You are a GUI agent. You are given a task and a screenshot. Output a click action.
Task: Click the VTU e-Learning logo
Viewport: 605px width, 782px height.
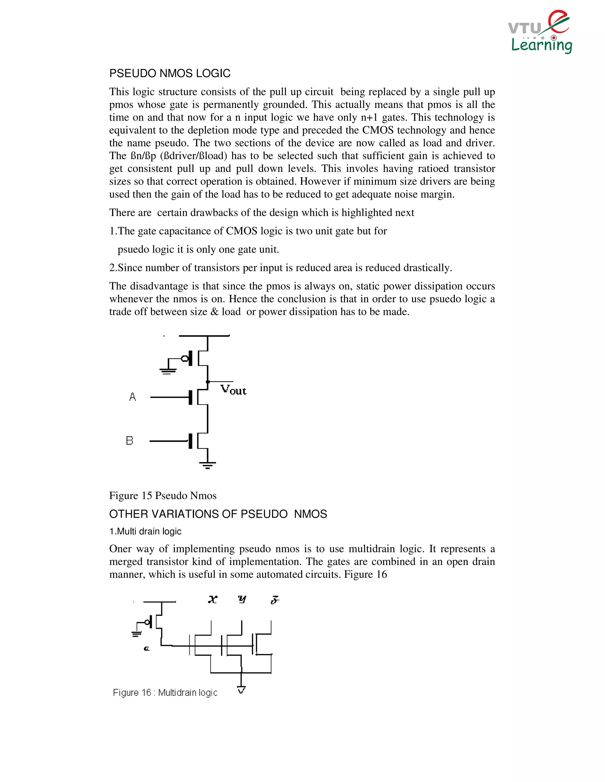[540, 32]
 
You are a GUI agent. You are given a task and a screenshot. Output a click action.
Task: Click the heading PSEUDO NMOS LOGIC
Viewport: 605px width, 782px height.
[170, 73]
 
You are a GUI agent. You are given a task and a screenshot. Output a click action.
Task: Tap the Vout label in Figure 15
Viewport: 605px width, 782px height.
[233, 390]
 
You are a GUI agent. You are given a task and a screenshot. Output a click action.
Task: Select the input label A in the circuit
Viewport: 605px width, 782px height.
[132, 397]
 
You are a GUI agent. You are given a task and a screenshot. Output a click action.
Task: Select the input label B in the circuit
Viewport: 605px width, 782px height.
[129, 441]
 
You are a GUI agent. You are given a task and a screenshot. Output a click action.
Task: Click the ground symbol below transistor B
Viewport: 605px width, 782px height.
[207, 465]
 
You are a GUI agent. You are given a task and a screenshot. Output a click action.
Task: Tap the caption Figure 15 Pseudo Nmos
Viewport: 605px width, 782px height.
[163, 495]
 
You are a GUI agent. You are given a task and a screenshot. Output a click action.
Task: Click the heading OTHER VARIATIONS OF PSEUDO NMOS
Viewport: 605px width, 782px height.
[218, 514]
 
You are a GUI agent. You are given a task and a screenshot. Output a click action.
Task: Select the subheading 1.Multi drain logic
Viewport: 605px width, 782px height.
[145, 531]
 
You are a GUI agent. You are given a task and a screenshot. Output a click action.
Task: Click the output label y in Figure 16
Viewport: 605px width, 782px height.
[242, 599]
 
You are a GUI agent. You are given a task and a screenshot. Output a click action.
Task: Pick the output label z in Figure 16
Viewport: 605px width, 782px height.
[275, 600]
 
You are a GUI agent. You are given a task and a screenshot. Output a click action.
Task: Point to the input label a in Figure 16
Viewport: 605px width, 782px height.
[146, 648]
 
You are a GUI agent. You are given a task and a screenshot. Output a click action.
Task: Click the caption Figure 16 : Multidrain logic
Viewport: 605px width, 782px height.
[165, 693]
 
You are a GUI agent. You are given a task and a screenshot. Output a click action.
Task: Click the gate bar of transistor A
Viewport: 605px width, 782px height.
[191, 397]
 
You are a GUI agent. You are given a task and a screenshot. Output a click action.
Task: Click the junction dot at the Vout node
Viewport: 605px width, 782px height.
[207, 382]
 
